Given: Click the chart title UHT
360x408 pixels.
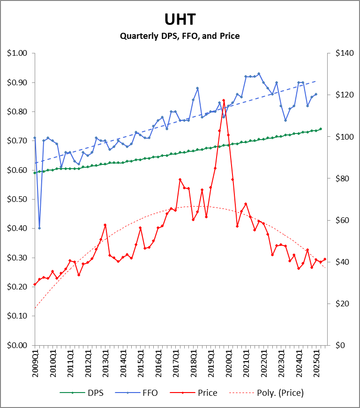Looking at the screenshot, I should point(180,19).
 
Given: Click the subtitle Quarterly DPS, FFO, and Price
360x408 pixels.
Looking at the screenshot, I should point(180,36).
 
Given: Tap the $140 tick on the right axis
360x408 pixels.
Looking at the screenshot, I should point(344,53).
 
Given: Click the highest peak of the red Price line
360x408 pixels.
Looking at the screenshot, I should point(224,100).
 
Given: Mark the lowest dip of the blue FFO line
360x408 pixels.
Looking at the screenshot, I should point(39,228).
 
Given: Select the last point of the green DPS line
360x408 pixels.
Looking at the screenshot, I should point(321,129).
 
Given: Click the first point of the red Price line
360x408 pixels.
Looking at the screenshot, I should point(35,284).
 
